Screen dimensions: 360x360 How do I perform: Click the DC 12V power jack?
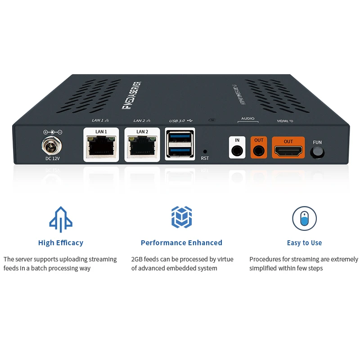[52, 145]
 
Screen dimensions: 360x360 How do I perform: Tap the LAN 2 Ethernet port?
[142, 148]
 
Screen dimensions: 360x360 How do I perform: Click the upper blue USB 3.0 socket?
[180, 137]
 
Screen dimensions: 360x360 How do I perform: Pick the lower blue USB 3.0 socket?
[180, 150]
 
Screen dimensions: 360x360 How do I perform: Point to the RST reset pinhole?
[205, 152]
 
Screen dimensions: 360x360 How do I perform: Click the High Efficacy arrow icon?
[61, 219]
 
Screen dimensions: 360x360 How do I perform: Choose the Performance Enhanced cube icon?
[181, 217]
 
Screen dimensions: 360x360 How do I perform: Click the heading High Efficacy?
[61, 243]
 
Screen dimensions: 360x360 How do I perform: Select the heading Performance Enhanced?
[181, 243]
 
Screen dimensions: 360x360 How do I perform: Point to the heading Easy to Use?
[304, 243]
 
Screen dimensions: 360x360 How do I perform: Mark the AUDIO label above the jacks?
[247, 119]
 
